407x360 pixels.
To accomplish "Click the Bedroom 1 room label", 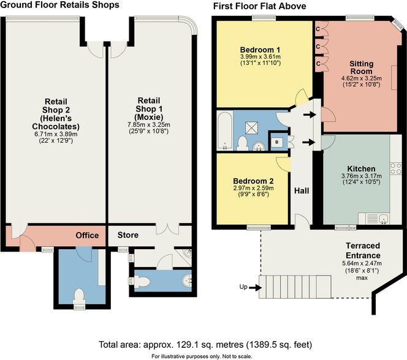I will tap(261, 50).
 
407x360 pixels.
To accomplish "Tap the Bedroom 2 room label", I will tap(253, 181).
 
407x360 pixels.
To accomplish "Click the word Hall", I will tap(301, 191).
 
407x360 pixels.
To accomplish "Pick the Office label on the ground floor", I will tap(87, 235).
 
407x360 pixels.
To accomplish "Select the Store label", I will tap(127, 235).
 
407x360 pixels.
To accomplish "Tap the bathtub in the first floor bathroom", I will tap(224, 130).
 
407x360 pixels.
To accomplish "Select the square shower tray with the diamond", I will tap(252, 127).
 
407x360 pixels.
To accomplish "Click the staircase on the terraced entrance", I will tap(288, 287).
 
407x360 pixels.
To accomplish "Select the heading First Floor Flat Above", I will tap(259, 6).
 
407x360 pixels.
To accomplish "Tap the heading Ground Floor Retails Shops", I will tap(59, 6).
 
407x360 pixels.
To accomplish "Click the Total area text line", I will tap(203, 343).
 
